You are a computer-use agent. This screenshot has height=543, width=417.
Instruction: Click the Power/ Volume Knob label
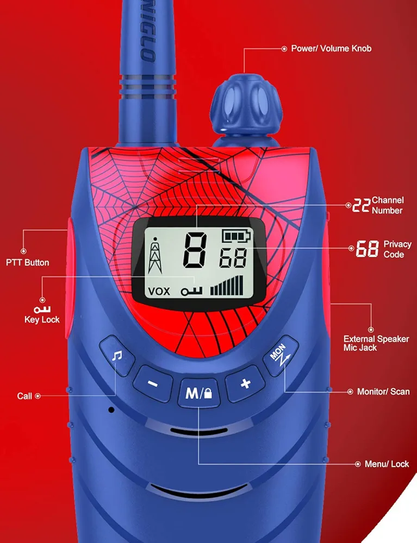[331, 48]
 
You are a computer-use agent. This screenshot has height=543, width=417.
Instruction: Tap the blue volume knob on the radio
[246, 104]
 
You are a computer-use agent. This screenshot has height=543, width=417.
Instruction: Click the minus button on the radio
[153, 384]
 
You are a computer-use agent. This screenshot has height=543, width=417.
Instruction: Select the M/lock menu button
[198, 393]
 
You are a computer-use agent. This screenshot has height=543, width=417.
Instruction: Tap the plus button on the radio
[245, 384]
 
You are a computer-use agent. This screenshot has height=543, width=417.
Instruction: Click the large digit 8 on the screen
[195, 250]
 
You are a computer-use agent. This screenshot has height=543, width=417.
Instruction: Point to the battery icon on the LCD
[236, 236]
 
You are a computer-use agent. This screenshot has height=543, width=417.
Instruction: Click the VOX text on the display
[159, 291]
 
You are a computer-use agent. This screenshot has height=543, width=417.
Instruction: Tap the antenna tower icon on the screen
[155, 255]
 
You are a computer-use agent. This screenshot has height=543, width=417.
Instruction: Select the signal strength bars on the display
[227, 286]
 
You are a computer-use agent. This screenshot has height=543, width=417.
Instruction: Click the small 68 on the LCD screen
[233, 258]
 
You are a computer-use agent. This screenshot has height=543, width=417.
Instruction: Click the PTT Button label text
[27, 262]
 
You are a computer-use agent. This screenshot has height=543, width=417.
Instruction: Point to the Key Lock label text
[42, 320]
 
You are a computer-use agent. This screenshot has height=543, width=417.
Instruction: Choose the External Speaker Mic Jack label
[376, 343]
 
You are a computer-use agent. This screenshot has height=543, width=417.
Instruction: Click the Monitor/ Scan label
[383, 392]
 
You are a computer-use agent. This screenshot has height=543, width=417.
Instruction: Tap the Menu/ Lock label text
[387, 464]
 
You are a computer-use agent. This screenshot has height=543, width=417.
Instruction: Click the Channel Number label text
[388, 205]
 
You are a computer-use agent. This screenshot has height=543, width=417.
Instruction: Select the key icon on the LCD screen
[191, 292]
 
